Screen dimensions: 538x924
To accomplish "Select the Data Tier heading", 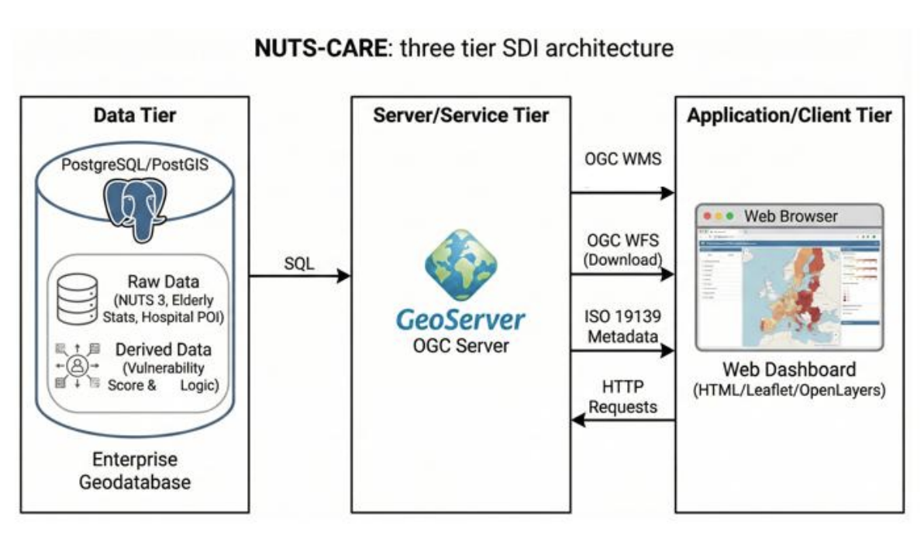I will click(135, 116).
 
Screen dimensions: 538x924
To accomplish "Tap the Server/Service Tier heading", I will click(460, 116).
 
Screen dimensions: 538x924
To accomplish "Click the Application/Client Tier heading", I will click(789, 116).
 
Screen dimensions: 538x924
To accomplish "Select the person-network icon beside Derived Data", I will click(78, 365).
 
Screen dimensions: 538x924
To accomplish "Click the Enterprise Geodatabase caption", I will click(135, 471).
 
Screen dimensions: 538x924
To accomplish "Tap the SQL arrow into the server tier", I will click(299, 275).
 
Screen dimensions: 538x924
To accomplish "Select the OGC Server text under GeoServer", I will click(460, 345).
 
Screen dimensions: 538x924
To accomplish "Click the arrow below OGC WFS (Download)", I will click(622, 274).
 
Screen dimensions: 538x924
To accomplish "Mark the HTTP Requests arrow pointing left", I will click(622, 421).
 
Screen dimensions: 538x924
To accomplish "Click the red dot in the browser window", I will click(706, 216).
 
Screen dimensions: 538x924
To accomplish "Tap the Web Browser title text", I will click(791, 216).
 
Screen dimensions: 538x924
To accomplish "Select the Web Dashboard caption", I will click(789, 368).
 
